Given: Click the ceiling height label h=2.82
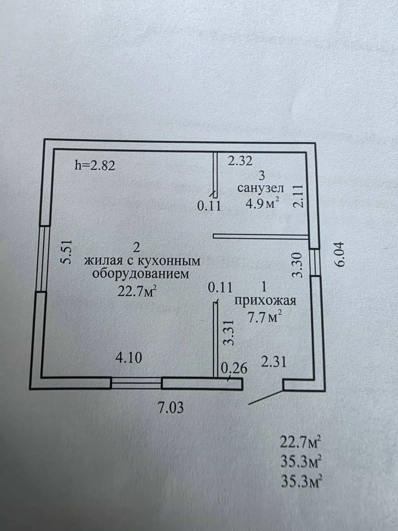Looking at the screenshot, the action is [95, 166].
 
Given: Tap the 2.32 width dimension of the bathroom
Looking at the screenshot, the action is [240, 161].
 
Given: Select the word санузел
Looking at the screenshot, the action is [260, 188].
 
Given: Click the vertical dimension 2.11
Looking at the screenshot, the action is [298, 196].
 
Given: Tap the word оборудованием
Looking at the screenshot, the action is [140, 274].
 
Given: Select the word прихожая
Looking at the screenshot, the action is [265, 301].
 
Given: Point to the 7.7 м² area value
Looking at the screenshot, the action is [265, 317].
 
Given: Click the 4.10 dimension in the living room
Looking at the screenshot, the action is [129, 358].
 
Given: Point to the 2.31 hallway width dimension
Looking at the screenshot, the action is [274, 362].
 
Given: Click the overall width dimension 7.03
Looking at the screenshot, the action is [170, 408].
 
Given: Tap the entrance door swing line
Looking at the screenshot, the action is [266, 397].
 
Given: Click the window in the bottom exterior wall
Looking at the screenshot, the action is [136, 384].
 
